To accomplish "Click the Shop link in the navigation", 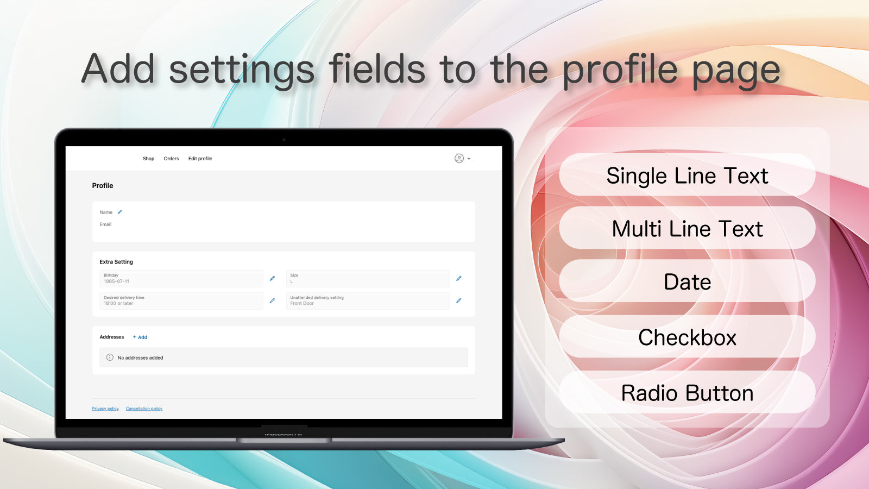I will pos(148,159).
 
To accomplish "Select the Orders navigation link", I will pos(171,159).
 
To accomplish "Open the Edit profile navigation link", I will pos(200,159).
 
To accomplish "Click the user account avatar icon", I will pos(459,158).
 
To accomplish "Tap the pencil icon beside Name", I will pos(120,212).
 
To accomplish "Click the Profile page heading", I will pos(103,186).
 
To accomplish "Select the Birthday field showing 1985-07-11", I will pos(181,279).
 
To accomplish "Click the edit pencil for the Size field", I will pos(459,278).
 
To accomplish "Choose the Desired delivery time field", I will pos(181,301).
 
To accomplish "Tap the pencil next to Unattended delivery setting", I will pos(459,300).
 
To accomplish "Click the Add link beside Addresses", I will pos(140,337).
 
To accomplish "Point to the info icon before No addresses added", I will pos(110,358).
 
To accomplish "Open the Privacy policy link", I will pos(105,409).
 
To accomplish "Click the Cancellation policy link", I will pos(144,409).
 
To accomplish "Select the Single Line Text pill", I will pos(687,175).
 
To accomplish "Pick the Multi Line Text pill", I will pos(687,229).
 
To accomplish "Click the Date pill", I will pos(687,281).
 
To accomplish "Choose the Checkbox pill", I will pos(687,337).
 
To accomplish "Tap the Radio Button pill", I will pos(687,393).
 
